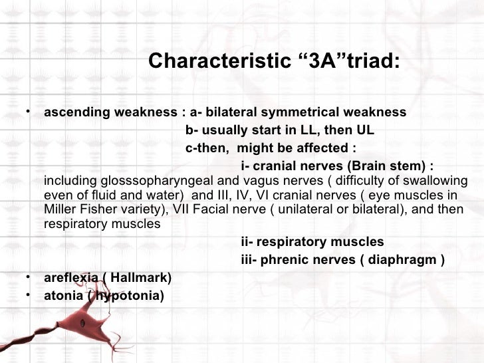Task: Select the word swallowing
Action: click(438, 181)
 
